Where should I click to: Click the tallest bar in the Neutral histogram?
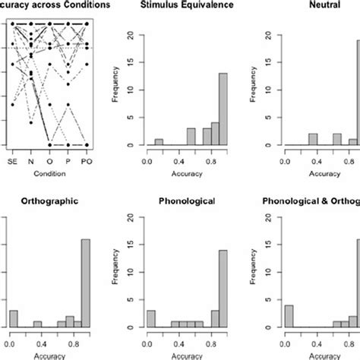point(357,92)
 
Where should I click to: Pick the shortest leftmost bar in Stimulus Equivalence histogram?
point(159,142)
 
